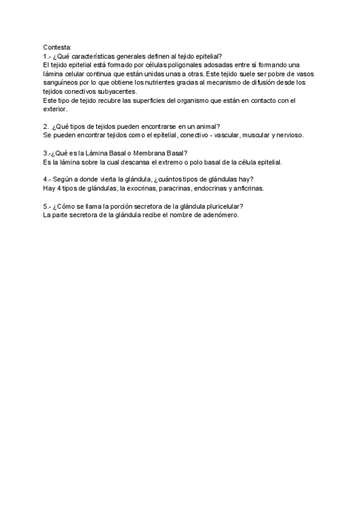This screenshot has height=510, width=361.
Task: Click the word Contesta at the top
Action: (57, 47)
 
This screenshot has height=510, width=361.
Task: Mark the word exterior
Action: (55, 110)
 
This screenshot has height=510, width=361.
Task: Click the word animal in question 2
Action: (206, 126)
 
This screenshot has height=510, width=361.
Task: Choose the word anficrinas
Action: (247, 188)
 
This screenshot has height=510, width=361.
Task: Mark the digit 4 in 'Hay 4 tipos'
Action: (59, 188)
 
